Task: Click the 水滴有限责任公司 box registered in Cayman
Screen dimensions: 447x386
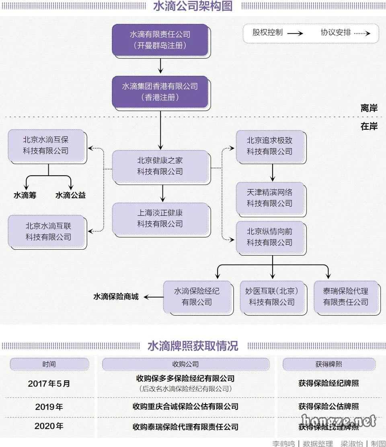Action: pos(160,40)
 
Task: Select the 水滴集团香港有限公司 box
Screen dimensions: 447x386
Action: pos(160,91)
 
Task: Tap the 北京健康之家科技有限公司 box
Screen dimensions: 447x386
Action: pos(160,166)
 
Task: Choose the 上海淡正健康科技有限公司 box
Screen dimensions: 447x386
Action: pos(160,218)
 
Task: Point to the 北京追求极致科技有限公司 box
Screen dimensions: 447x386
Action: pos(269,146)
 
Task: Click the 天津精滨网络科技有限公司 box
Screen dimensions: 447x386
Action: pos(269,198)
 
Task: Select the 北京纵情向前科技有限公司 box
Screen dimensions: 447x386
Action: pos(269,237)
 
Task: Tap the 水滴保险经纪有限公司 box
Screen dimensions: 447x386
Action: pos(197,296)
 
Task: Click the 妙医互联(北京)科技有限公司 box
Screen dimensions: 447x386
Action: pos(271,296)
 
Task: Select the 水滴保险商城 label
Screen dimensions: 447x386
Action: pos(116,297)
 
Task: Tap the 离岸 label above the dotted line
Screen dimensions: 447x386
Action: pos(369,108)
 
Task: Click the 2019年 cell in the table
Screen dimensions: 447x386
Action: pos(49,407)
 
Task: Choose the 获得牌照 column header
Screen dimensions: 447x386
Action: pos(329,364)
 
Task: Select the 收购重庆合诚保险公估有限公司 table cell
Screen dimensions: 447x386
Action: pos(185,407)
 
